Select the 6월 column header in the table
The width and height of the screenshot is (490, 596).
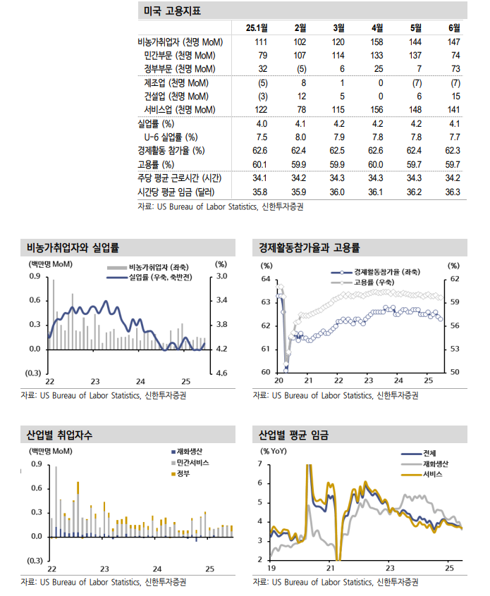tap(453, 28)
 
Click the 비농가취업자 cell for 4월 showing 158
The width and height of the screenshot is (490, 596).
tap(376, 42)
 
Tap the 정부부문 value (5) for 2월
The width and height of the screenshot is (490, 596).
tap(300, 69)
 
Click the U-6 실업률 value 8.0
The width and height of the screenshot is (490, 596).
tap(300, 137)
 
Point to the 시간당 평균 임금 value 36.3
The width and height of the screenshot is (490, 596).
tap(453, 192)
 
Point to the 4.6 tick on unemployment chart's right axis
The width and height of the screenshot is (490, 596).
tap(221, 373)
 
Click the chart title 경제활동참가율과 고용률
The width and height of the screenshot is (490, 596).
tap(310, 247)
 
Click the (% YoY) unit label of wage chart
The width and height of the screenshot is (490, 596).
tap(275, 451)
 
